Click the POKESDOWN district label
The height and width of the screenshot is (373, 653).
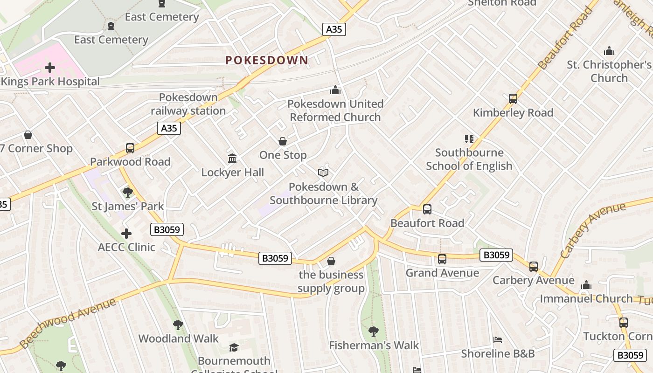click(x=267, y=60)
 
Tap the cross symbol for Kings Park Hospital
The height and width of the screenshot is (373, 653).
click(x=50, y=68)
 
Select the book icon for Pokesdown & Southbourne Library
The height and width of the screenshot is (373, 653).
click(x=323, y=173)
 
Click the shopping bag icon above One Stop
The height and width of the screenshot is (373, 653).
click(x=283, y=141)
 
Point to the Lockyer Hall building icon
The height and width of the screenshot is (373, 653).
click(x=232, y=159)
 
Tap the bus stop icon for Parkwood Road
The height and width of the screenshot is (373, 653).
click(x=130, y=148)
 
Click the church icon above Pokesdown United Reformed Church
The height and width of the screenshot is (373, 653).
click(x=335, y=90)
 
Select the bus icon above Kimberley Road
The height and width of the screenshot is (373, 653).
click(x=513, y=99)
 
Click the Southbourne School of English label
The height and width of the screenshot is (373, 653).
click(x=469, y=159)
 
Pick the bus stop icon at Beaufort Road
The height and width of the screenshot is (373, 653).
click(x=427, y=209)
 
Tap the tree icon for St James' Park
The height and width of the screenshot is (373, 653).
click(x=127, y=192)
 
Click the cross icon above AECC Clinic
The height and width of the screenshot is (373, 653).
click(x=126, y=233)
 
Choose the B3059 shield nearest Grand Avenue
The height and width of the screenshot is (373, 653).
click(x=496, y=255)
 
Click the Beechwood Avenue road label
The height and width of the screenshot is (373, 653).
click(x=69, y=323)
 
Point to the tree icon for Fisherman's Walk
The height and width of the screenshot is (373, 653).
click(x=373, y=332)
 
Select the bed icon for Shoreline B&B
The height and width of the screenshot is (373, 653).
click(x=498, y=340)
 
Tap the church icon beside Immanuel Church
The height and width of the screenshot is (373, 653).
click(x=586, y=285)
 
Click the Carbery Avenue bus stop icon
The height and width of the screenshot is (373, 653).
click(x=534, y=267)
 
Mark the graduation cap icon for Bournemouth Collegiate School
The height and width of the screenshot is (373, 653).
click(x=234, y=347)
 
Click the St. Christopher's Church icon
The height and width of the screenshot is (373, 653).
click(x=609, y=51)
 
